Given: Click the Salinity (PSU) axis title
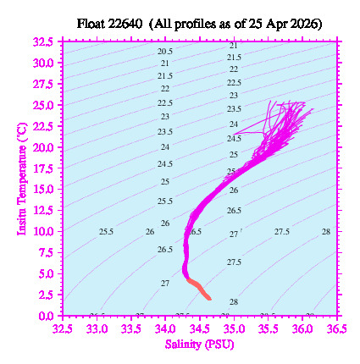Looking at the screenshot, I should pos(198,345).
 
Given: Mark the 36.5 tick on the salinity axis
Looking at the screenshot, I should pos(336,328).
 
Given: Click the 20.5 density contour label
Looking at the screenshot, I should pos(165,52).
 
